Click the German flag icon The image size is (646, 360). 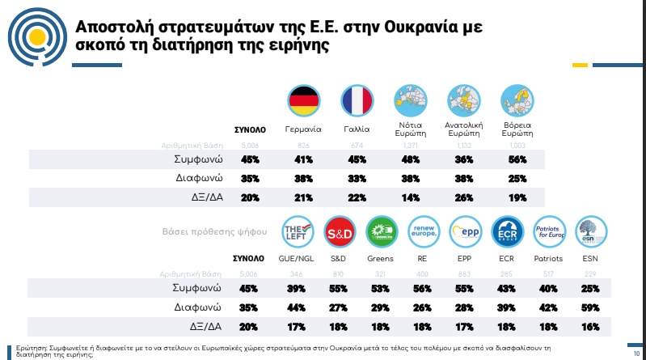click(x=304, y=101)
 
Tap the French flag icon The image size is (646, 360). click(x=356, y=101)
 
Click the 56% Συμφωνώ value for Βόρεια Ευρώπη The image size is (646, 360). click(x=517, y=160)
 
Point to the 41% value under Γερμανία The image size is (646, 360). click(x=304, y=160)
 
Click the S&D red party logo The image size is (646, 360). click(x=337, y=233)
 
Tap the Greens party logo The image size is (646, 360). click(x=381, y=233)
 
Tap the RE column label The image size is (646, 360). click(x=423, y=259)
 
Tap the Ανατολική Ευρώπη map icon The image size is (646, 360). click(x=465, y=101)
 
